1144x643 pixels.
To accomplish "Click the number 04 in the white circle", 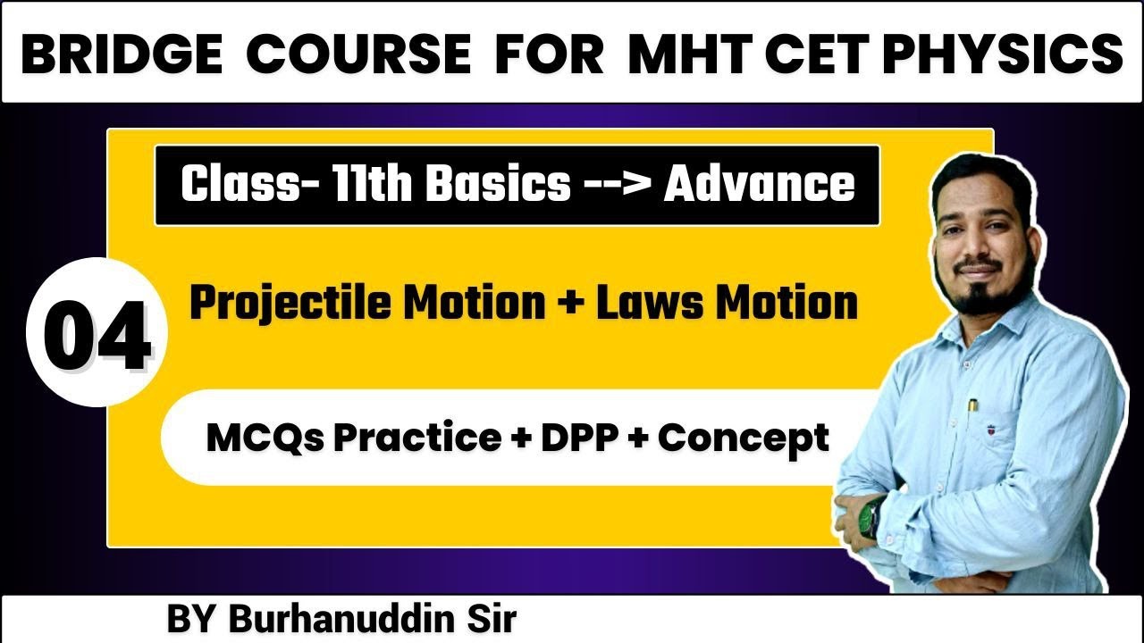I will pyautogui.click(x=97, y=337).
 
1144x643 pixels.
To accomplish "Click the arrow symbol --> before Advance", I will pyautogui.click(x=616, y=185).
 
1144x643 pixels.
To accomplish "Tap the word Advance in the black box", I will pyautogui.click(x=759, y=184).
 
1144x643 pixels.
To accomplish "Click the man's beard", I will pyautogui.click(x=982, y=295).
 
